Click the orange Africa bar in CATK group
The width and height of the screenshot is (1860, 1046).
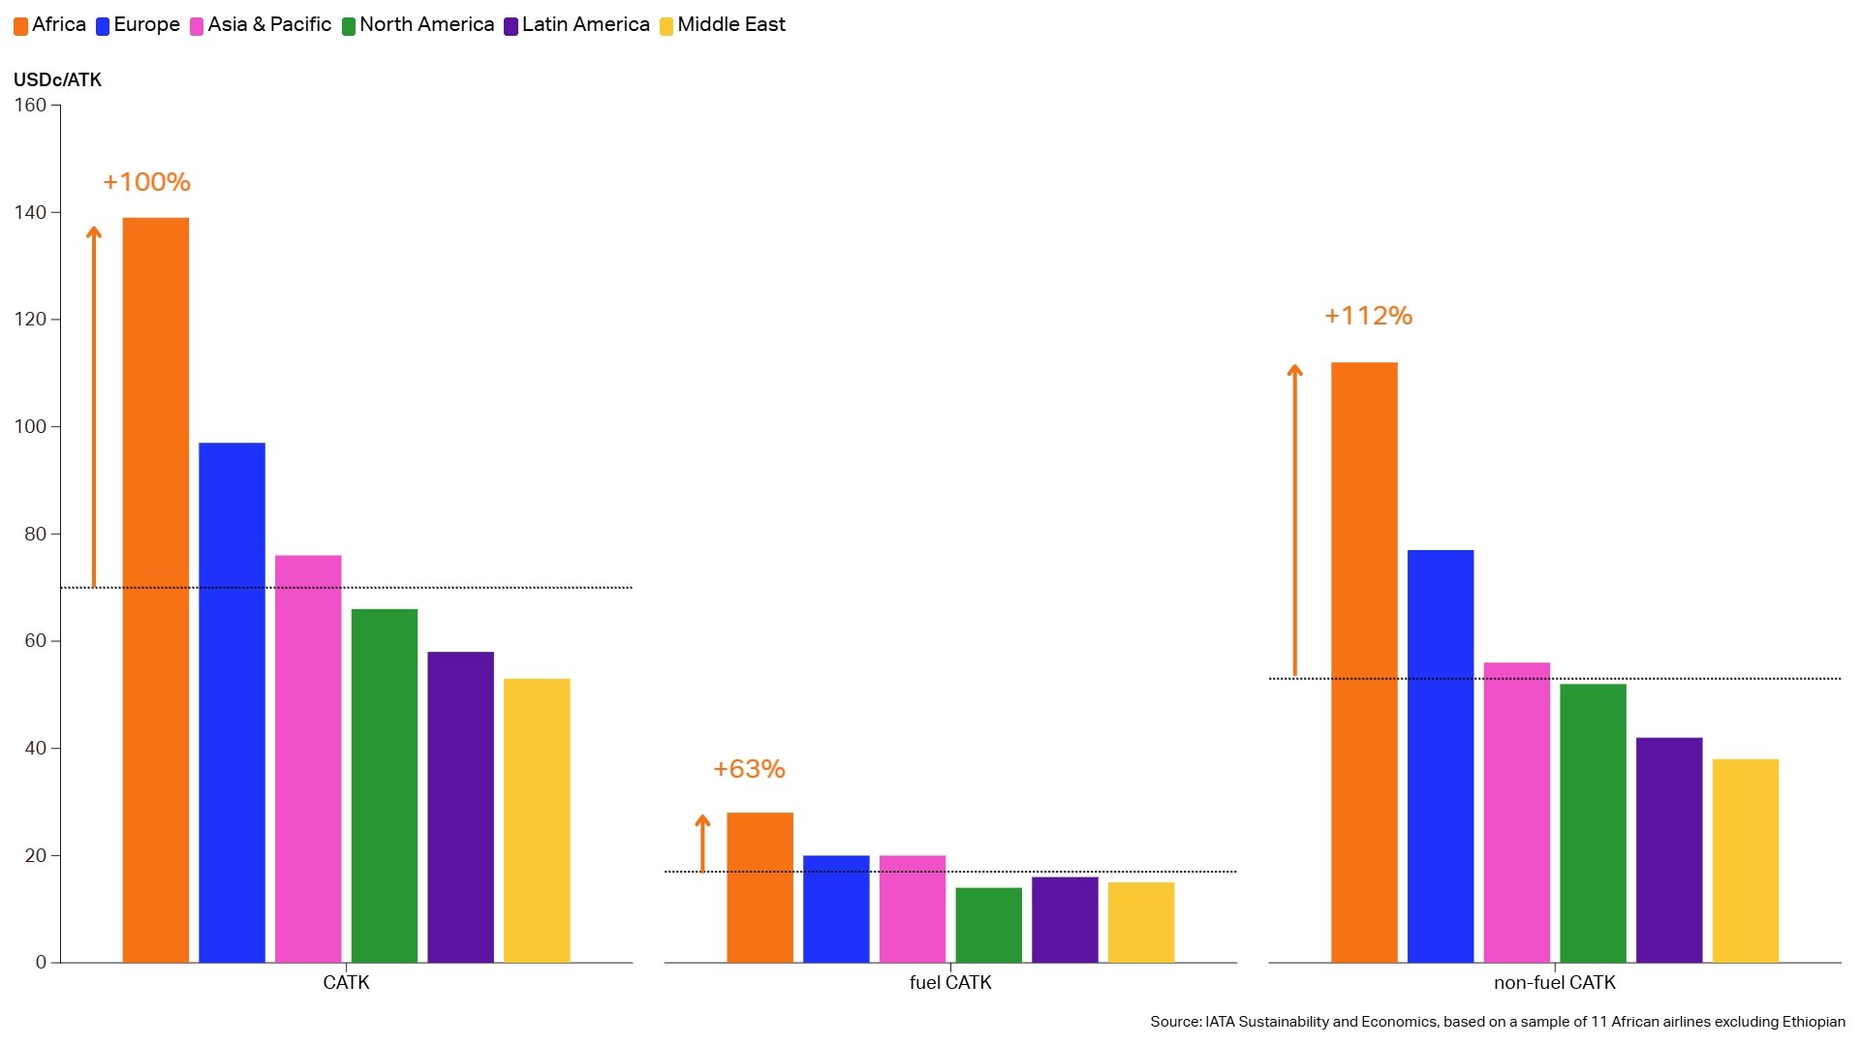[155, 590]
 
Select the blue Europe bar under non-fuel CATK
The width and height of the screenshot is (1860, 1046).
[1440, 755]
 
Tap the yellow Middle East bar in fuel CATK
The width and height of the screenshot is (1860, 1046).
[1140, 922]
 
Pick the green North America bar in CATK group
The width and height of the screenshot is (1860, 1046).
[384, 784]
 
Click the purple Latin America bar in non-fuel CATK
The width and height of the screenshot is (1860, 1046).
[1668, 849]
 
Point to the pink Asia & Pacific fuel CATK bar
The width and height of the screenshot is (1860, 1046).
[912, 908]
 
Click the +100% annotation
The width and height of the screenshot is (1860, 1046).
[146, 182]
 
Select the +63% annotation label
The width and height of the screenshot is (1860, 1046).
[749, 769]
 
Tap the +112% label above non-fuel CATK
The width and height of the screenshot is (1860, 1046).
[1368, 316]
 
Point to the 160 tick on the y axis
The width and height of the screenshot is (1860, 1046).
[30, 106]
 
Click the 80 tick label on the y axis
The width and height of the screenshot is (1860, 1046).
[35, 534]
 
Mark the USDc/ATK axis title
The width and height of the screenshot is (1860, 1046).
[57, 80]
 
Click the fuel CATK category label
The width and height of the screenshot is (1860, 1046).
[949, 983]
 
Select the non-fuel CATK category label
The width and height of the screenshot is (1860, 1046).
[1554, 983]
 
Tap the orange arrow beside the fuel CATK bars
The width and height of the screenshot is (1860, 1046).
[702, 843]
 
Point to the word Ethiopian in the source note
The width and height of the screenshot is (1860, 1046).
[1813, 1022]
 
